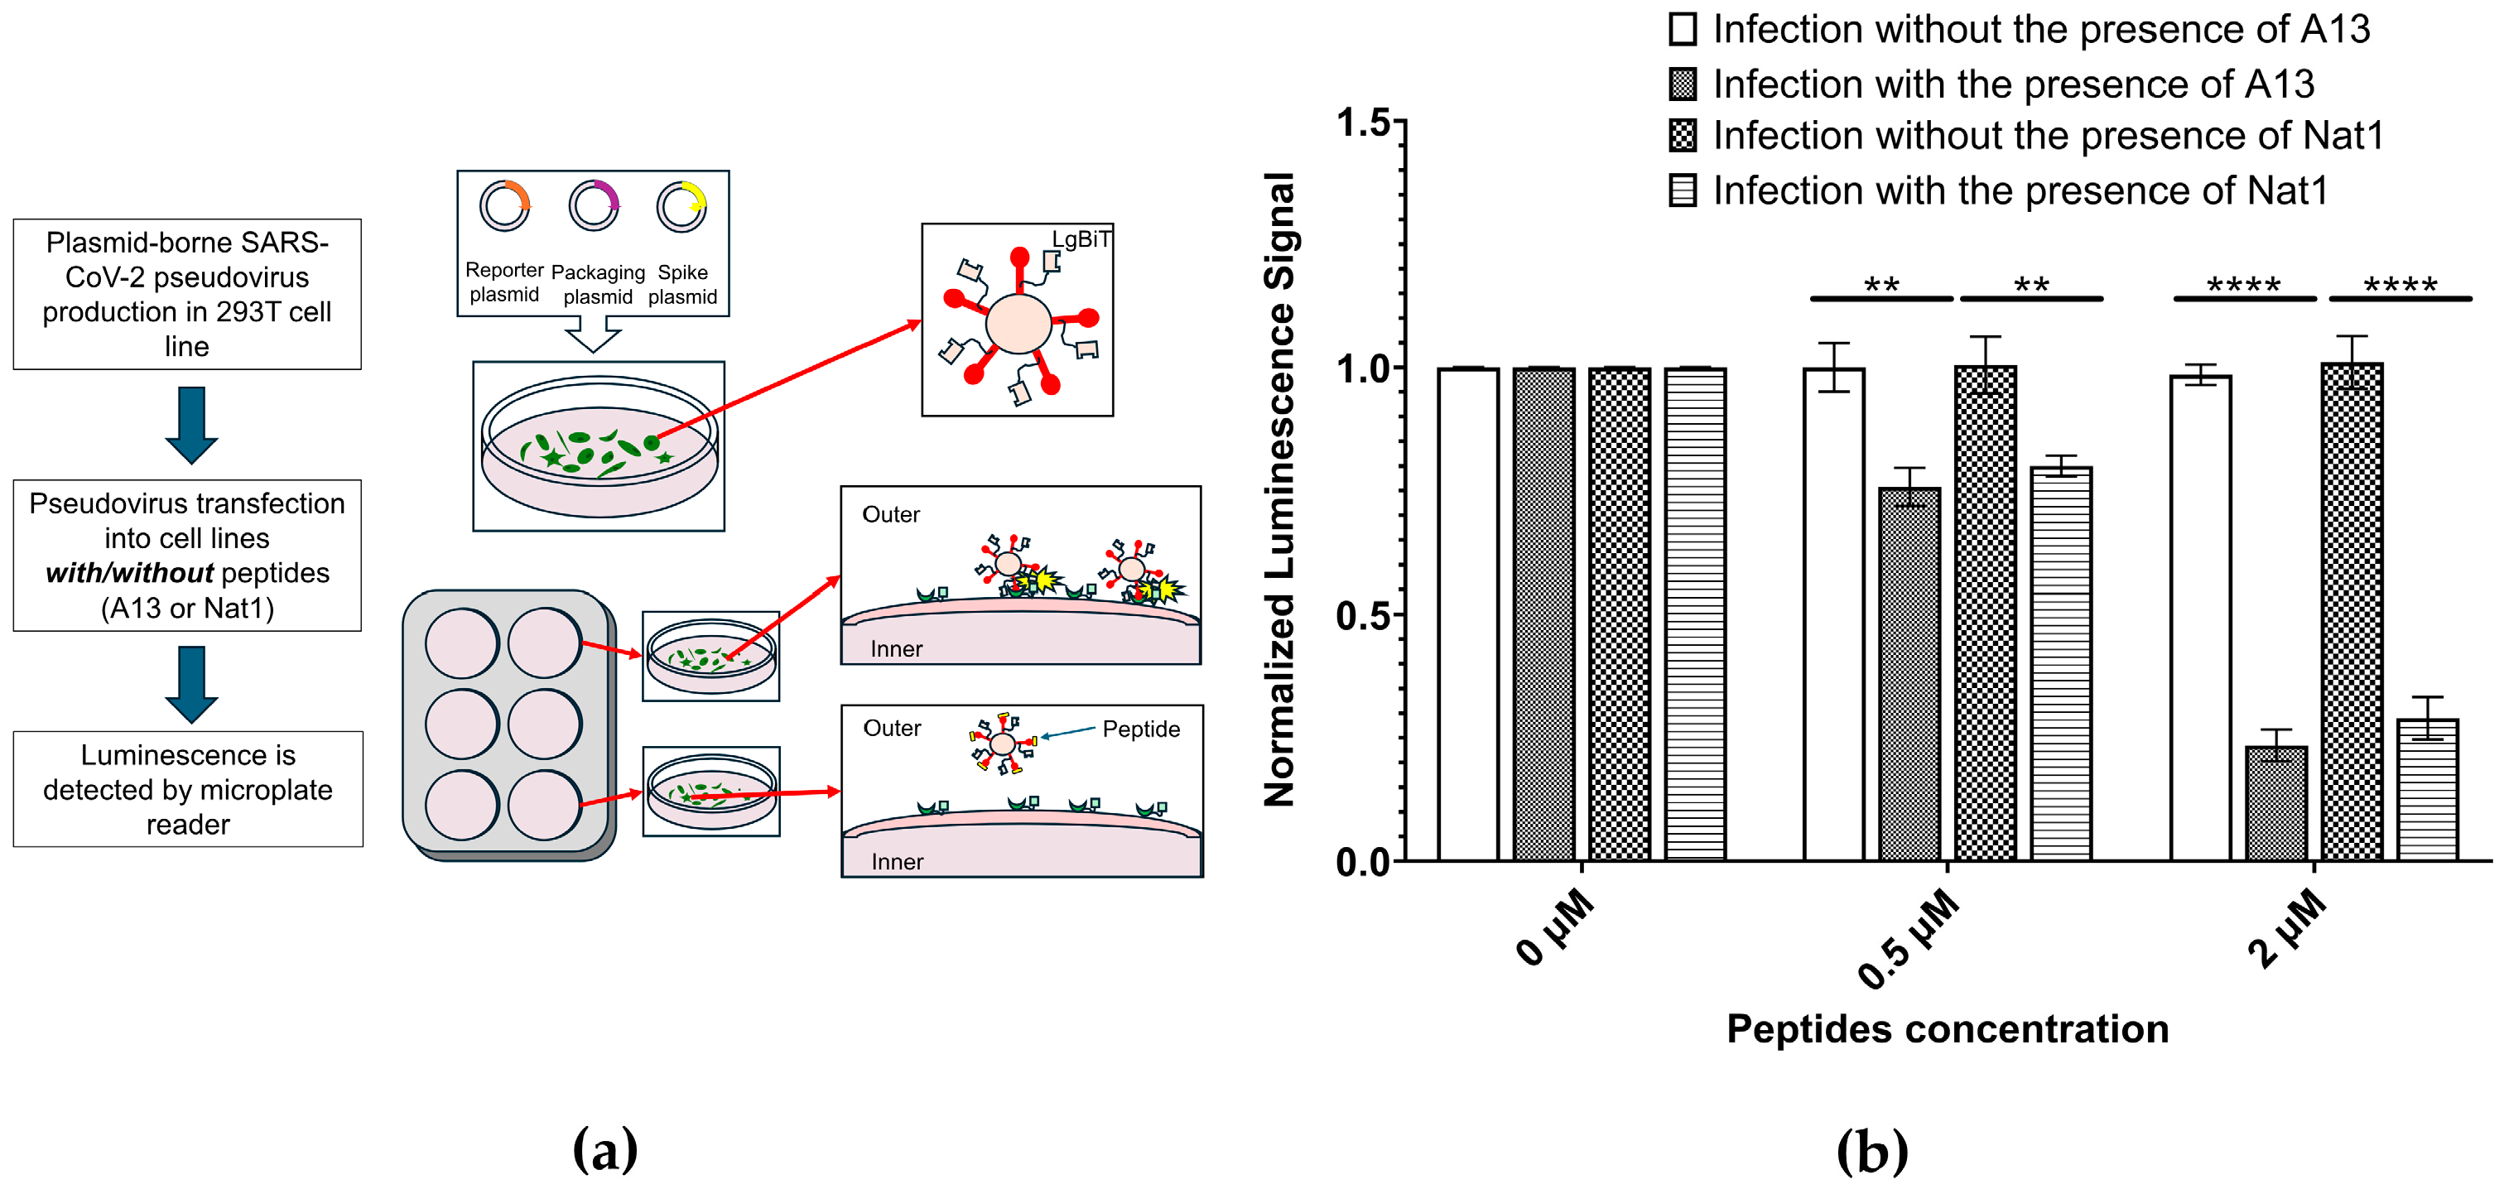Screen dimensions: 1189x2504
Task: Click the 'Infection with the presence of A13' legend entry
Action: tap(2012, 84)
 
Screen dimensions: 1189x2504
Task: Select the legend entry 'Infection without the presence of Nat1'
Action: tap(2046, 136)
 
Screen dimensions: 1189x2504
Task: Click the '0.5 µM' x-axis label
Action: tap(1909, 939)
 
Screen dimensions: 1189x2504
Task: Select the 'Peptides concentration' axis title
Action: tap(1947, 1028)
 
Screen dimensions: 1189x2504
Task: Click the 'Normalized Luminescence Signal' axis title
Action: tap(1279, 489)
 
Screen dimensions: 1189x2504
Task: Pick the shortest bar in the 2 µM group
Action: tap(2275, 803)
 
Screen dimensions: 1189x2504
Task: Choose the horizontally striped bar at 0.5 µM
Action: tap(2061, 664)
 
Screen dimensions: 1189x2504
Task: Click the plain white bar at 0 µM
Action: tap(1468, 614)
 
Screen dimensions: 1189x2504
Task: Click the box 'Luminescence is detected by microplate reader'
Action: tap(188, 789)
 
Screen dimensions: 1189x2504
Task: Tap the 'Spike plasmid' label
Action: tap(682, 284)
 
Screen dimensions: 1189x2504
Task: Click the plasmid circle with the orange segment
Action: tap(504, 205)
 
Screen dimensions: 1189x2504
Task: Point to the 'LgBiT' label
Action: tap(1081, 239)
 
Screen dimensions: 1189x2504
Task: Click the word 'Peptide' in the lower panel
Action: tap(1140, 729)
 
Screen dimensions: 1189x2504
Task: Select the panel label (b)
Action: tap(1871, 1151)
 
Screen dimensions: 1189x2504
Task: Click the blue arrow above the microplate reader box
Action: tap(191, 683)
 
